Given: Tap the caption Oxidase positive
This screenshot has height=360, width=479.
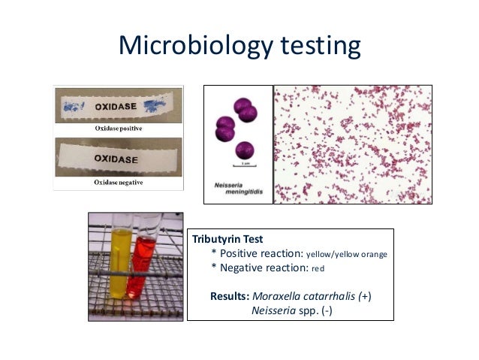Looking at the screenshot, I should (118, 129).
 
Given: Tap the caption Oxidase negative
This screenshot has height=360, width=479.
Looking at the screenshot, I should (119, 183).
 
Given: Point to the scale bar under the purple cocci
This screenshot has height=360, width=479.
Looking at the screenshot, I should (241, 164).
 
